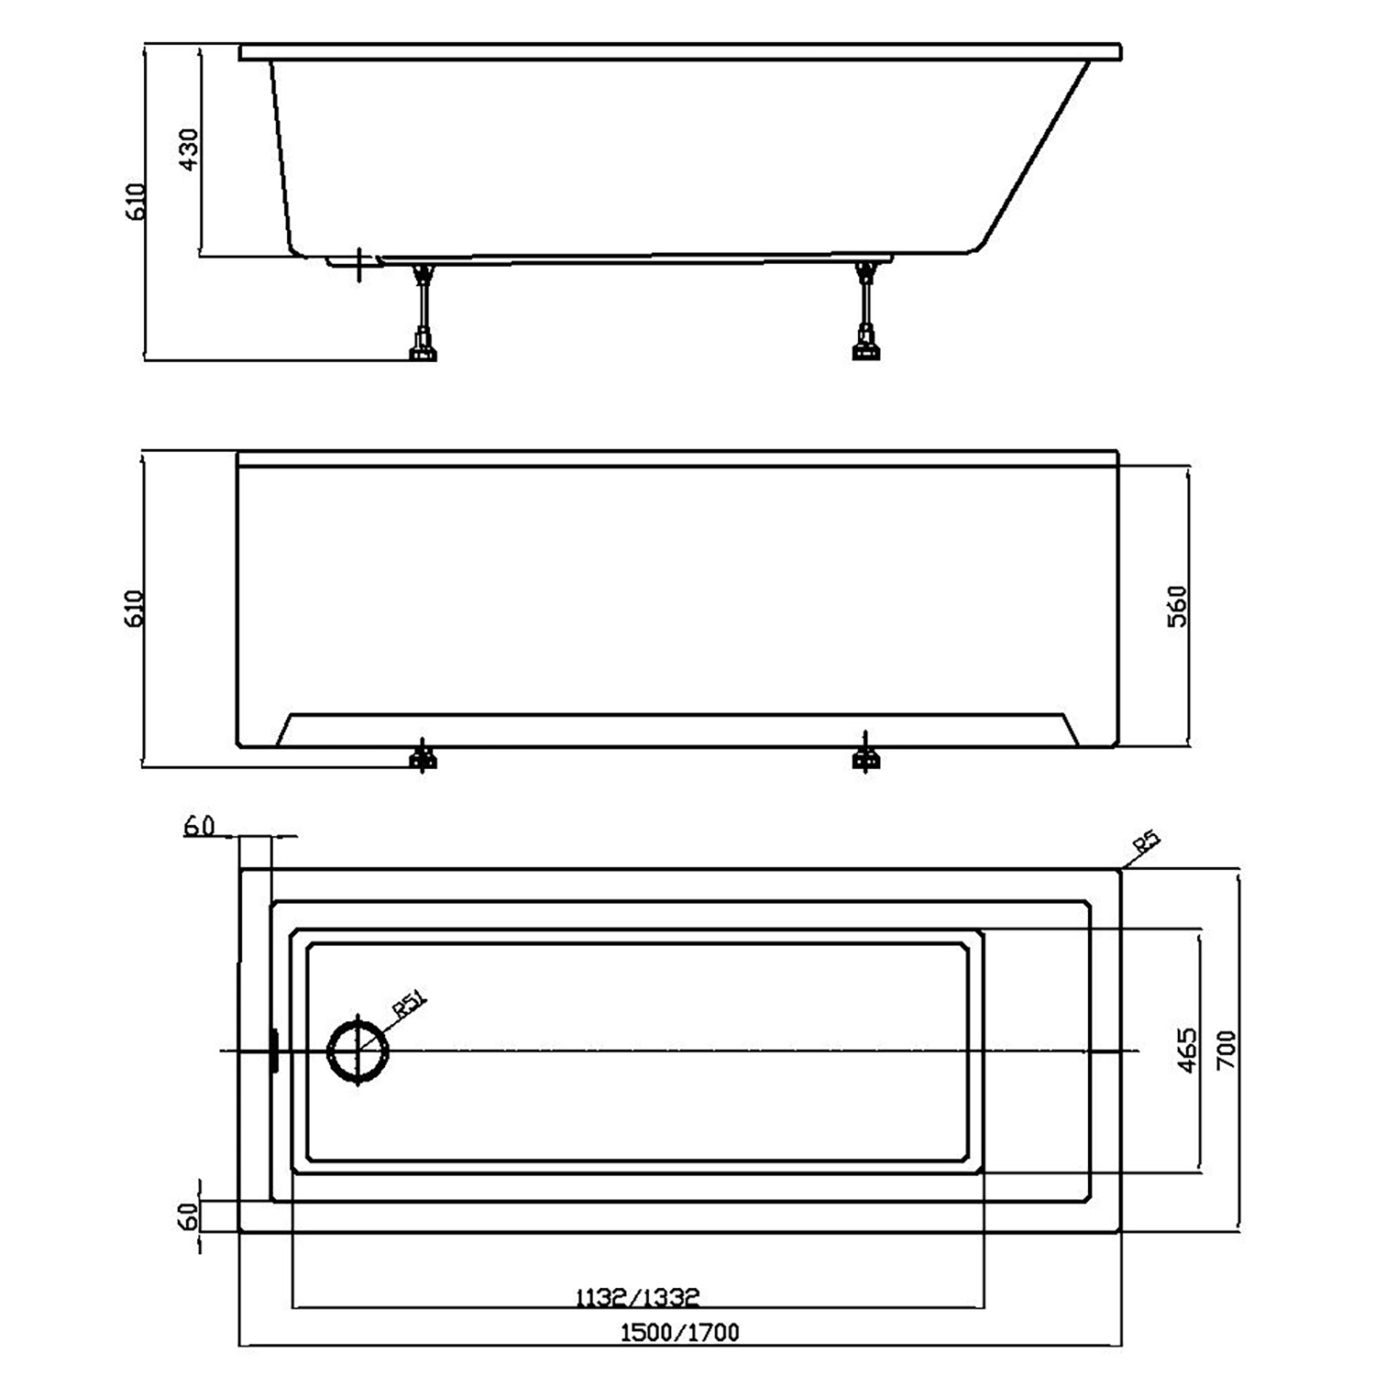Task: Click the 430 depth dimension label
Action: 187,149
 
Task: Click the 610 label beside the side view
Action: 135,202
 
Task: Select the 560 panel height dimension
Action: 1177,606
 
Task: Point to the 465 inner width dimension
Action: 1186,1050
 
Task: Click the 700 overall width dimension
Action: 1226,1050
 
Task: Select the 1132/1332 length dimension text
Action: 637,1297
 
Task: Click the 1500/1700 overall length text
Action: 679,1332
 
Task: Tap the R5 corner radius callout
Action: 1146,842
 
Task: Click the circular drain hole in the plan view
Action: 358,1051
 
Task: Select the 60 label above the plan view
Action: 199,825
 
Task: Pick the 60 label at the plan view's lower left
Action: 188,1216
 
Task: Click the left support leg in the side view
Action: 423,312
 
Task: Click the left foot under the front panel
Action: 423,757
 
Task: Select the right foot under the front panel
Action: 865,757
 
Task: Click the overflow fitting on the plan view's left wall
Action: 273,1050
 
